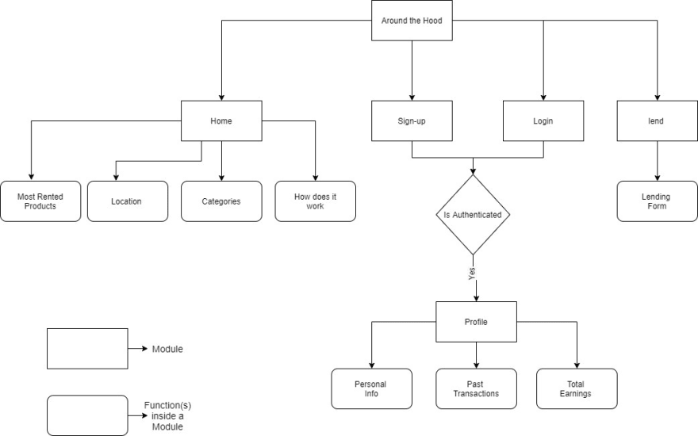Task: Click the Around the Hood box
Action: coord(412,21)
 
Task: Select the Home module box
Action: coord(221,121)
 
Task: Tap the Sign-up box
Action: coord(412,121)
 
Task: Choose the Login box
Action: coord(543,121)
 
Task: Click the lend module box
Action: coord(657,121)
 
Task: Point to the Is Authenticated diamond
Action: coord(473,215)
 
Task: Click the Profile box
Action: coord(477,322)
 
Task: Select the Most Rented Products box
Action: coord(40,201)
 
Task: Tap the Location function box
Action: coord(128,201)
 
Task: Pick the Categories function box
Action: coord(221,201)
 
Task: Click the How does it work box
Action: coord(315,201)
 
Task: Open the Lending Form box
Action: coord(657,201)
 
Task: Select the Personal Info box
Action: coord(372,389)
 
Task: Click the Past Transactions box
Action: coord(477,389)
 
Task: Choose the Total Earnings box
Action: coord(577,389)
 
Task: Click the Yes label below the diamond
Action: coord(472,273)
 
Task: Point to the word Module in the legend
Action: coord(167,349)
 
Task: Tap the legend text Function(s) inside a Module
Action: coord(167,416)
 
